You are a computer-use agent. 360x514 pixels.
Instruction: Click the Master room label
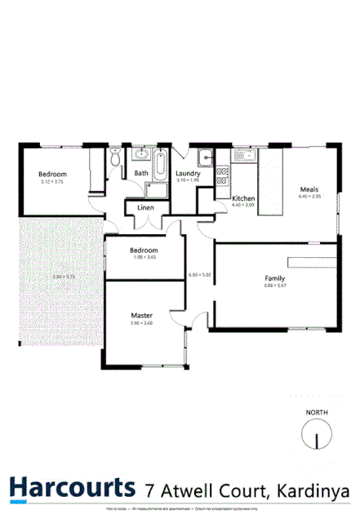[142, 315]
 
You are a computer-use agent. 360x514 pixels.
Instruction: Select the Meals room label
[309, 189]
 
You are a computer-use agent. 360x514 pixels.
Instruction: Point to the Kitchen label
[244, 198]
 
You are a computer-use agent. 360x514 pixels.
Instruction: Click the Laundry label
[188, 173]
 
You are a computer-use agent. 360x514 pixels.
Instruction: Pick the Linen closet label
[145, 208]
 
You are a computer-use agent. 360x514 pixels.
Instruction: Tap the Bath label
[141, 173]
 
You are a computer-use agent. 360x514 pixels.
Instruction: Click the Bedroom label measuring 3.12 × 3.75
[52, 174]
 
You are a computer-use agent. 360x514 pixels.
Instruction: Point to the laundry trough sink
[207, 158]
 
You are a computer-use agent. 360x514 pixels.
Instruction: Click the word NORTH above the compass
[317, 413]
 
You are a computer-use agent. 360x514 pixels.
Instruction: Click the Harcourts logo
[72, 487]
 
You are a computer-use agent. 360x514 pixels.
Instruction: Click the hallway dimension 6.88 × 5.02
[199, 274]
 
